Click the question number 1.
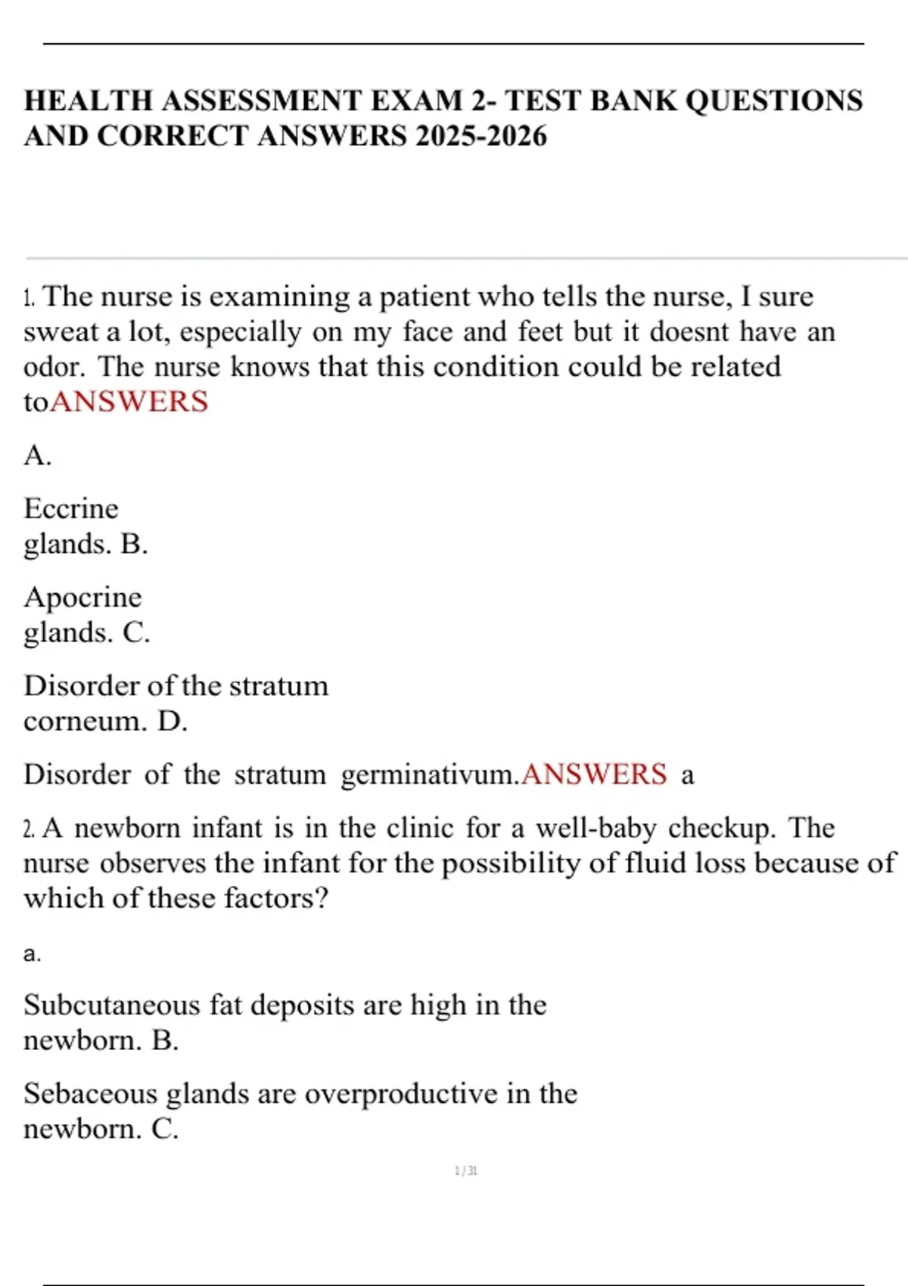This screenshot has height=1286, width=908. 29,297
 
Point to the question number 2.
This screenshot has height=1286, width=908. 29,829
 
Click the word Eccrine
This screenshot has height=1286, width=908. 71,508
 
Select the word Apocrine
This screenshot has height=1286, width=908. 82,597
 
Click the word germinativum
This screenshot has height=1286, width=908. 430,775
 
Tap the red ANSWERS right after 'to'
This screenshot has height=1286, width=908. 129,402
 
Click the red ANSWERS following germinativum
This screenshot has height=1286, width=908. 594,775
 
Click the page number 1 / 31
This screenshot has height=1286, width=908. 466,1171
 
